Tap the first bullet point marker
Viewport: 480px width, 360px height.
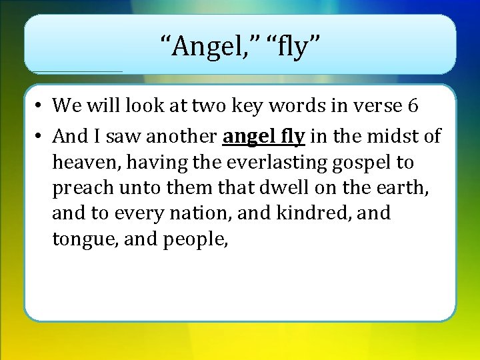40,106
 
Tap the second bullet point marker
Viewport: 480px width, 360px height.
40,137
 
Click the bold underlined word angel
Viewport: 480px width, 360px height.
247,137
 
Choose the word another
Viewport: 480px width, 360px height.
181,137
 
